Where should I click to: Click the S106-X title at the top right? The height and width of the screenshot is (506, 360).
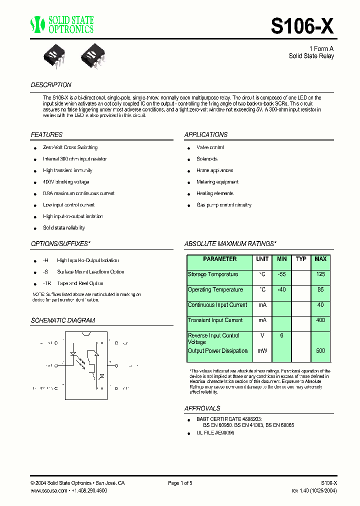302,26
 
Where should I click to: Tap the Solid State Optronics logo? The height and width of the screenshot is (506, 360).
61,24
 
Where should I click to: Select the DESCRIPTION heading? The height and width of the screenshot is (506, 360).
51,85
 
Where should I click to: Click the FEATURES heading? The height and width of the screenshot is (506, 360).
46,134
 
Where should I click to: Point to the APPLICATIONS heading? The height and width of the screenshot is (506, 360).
206,134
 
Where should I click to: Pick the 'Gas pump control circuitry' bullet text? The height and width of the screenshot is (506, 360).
224,205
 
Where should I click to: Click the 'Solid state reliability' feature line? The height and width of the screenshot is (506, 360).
64,228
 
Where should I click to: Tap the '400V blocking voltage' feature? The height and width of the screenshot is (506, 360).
66,182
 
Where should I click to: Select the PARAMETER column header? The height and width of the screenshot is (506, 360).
220,259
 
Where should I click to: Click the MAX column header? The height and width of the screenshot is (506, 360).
320,259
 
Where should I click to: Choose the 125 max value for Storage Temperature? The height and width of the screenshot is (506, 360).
320,274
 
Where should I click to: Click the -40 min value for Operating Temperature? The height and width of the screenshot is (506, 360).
282,290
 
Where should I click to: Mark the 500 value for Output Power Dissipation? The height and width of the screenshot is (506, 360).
320,351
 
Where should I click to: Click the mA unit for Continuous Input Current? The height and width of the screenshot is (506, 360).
262,305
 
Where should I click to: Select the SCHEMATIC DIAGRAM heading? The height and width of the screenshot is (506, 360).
63,320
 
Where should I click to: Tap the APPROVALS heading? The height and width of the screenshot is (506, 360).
202,408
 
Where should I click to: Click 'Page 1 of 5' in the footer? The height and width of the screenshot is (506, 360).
180,483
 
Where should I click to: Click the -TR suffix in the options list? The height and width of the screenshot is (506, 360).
46,283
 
